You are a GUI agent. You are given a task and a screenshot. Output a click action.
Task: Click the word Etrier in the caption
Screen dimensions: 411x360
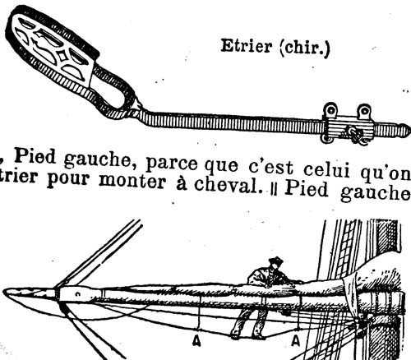coord(246,46)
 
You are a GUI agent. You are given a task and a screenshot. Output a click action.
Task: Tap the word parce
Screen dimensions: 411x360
coord(172,164)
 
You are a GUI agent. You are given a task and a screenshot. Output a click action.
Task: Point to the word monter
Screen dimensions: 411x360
coord(132,181)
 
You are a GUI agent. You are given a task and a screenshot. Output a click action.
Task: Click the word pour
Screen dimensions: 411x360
coord(68,180)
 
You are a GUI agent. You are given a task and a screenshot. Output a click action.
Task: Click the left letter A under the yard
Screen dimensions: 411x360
coord(196,340)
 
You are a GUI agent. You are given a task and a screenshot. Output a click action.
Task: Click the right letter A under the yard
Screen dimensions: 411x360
coord(295,340)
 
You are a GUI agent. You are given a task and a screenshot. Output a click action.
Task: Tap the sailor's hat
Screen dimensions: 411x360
coord(275,261)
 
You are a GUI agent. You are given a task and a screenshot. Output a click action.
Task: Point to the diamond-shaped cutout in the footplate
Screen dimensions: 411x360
coord(62,57)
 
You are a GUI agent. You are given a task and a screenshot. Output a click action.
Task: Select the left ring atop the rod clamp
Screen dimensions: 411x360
coord(330,109)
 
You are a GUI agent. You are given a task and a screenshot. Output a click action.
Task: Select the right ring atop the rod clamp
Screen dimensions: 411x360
coord(364,111)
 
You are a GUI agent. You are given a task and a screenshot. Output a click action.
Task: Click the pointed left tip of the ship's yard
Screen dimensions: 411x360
coord(5,290)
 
